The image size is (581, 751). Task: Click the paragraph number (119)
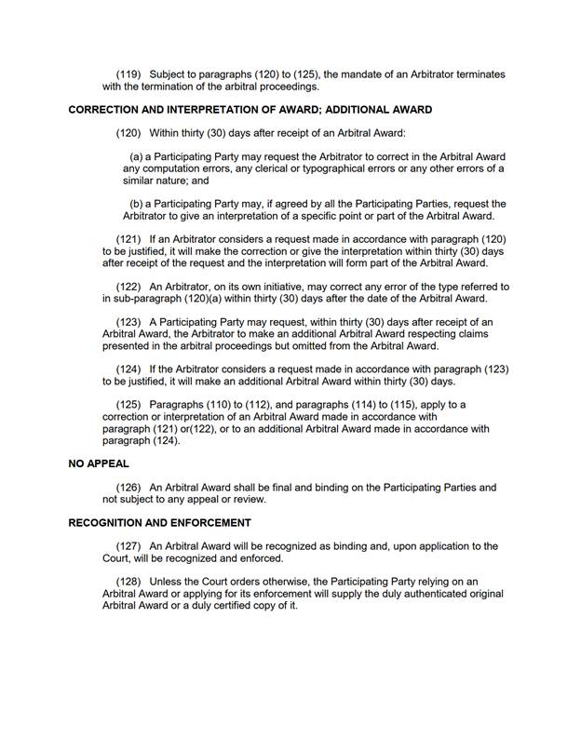[128, 74]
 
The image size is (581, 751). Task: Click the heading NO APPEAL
[99, 463]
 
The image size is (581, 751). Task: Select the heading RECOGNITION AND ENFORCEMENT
[159, 523]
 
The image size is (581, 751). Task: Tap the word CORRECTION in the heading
[104, 110]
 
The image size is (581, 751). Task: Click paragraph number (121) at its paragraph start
[128, 240]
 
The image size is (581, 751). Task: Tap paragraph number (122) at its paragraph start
[128, 287]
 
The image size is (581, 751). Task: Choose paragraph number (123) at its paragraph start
[128, 322]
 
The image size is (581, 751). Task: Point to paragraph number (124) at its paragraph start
[128, 369]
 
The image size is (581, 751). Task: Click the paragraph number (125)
[128, 405]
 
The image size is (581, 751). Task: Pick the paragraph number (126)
[128, 488]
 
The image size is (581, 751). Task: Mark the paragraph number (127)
[128, 546]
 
